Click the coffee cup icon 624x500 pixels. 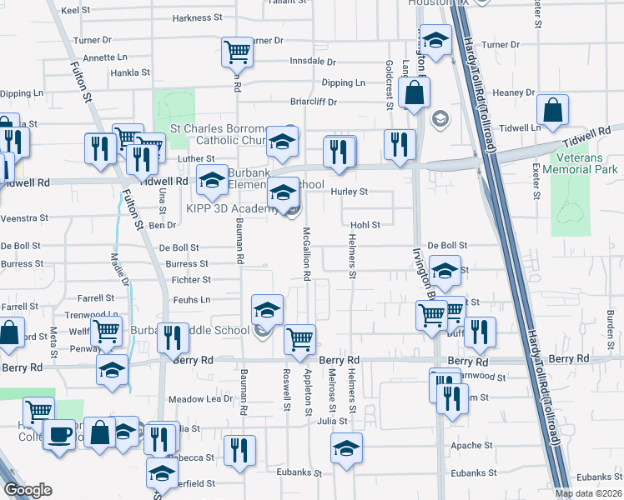coord(59,433)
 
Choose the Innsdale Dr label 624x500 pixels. coord(312,62)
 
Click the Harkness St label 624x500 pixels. coord(198,17)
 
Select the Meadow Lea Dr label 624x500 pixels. coord(200,399)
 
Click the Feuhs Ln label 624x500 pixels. coord(192,299)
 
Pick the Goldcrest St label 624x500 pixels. coord(389,84)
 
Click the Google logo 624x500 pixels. coord(28,490)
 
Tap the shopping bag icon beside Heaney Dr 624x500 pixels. coord(414,92)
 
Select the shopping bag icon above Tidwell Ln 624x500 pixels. coord(552,109)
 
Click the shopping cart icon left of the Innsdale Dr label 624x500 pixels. coord(238,52)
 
